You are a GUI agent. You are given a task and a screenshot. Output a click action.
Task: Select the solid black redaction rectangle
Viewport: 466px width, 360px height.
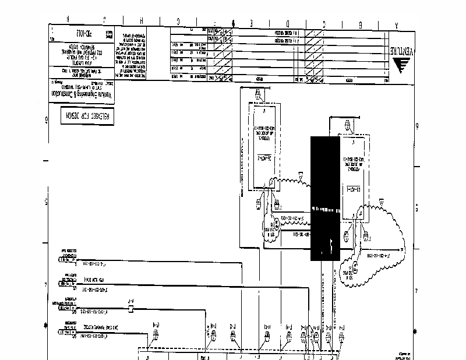(325, 198)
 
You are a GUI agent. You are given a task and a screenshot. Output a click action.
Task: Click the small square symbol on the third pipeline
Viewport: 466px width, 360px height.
(130, 308)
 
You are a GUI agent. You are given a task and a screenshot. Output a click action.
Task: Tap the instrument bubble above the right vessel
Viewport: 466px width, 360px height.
(347, 124)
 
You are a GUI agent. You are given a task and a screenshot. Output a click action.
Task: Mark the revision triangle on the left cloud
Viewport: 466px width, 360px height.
(301, 173)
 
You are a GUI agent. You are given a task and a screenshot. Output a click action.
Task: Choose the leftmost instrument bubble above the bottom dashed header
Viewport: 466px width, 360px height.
(156, 333)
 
